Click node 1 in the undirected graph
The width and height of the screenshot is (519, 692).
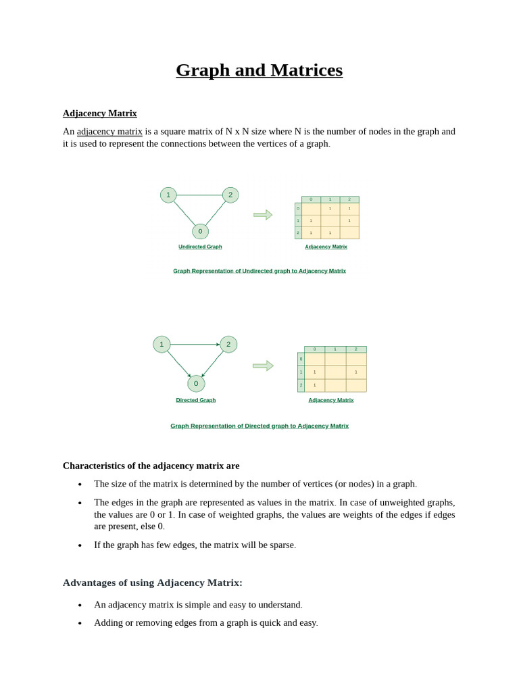pyautogui.click(x=168, y=195)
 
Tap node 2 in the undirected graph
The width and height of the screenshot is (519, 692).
pyautogui.click(x=230, y=195)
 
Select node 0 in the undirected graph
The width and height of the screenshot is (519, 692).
pyautogui.click(x=200, y=231)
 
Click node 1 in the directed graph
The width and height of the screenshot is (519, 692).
pyautogui.click(x=162, y=344)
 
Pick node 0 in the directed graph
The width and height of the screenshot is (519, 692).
pyautogui.click(x=196, y=384)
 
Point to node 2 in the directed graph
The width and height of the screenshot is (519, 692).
pyautogui.click(x=228, y=344)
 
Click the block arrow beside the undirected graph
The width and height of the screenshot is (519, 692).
pyautogui.click(x=263, y=215)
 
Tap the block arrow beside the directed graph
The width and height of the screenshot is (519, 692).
pyautogui.click(x=263, y=366)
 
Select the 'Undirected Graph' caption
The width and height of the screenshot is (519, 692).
pyautogui.click(x=200, y=247)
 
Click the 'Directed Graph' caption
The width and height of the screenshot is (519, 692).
pyautogui.click(x=196, y=400)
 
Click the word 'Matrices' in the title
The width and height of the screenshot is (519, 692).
pyautogui.click(x=307, y=70)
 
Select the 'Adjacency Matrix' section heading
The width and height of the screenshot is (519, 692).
pyautogui.click(x=100, y=113)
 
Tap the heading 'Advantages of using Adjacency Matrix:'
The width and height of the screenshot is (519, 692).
pyautogui.click(x=153, y=583)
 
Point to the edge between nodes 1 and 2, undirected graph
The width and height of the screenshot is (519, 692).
pyautogui.click(x=199, y=195)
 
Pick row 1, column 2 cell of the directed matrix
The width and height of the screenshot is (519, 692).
pyautogui.click(x=356, y=372)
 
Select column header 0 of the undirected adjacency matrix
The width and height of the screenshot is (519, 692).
pyautogui.click(x=311, y=199)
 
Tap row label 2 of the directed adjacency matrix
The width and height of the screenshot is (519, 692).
pyautogui.click(x=301, y=385)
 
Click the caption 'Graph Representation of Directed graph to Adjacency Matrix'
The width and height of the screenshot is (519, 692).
pyautogui.click(x=259, y=426)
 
